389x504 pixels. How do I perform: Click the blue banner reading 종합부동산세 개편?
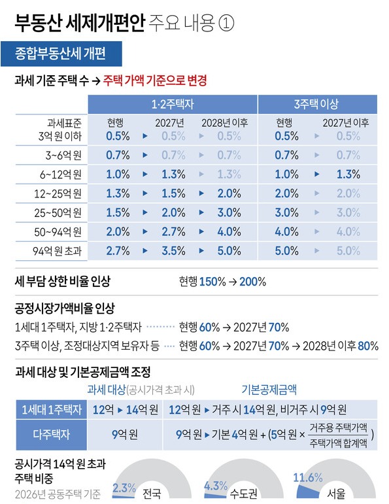pyautogui.click(x=61, y=54)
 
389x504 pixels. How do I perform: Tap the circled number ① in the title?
pyautogui.click(x=226, y=23)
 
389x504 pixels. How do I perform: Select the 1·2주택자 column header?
pyautogui.click(x=173, y=104)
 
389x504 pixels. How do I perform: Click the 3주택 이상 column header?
pyautogui.click(x=317, y=104)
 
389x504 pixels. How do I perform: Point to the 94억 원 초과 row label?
pyautogui.click(x=58, y=251)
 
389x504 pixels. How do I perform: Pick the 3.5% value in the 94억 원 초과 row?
pyautogui.click(x=174, y=251)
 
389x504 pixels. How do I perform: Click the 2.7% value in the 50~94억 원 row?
pyautogui.click(x=174, y=232)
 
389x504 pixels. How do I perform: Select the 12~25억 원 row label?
pyautogui.click(x=58, y=194)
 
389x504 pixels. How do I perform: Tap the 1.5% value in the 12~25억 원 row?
pyautogui.click(x=174, y=193)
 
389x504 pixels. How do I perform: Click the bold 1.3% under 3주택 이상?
pyautogui.click(x=348, y=175)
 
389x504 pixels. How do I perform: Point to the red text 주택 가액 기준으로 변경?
pyautogui.click(x=155, y=80)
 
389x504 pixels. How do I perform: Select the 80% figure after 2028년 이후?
pyautogui.click(x=368, y=346)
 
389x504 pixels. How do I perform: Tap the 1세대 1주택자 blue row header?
pyautogui.click(x=52, y=409)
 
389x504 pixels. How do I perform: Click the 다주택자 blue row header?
pyautogui.click(x=52, y=435)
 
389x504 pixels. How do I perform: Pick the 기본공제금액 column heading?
pyautogui.click(x=269, y=390)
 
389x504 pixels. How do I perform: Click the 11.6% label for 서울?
pyautogui.click(x=308, y=478)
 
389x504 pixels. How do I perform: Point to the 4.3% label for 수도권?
pyautogui.click(x=216, y=486)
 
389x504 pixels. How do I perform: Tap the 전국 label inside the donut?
pyautogui.click(x=152, y=493)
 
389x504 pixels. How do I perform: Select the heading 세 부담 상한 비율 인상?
pyautogui.click(x=63, y=281)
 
